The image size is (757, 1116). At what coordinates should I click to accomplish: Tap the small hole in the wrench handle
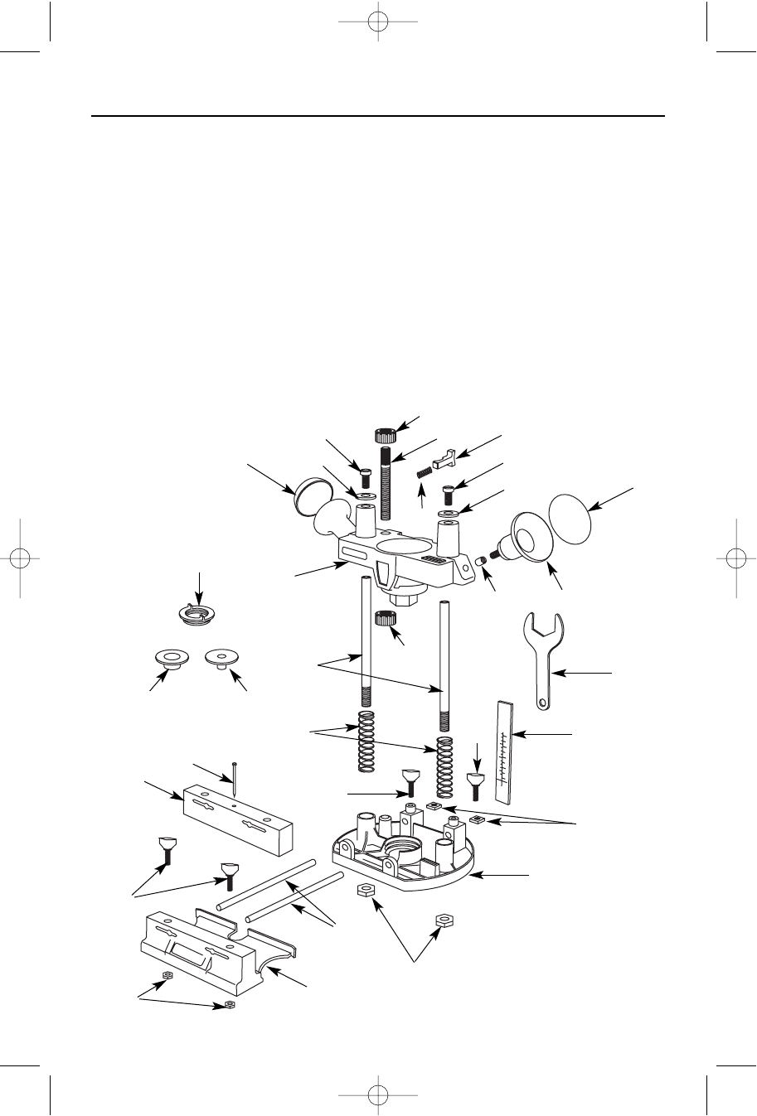point(542,703)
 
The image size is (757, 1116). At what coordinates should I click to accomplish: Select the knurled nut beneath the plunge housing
point(383,617)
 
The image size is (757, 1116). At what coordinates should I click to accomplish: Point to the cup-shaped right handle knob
point(531,540)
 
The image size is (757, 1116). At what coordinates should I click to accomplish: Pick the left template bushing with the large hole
point(171,660)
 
